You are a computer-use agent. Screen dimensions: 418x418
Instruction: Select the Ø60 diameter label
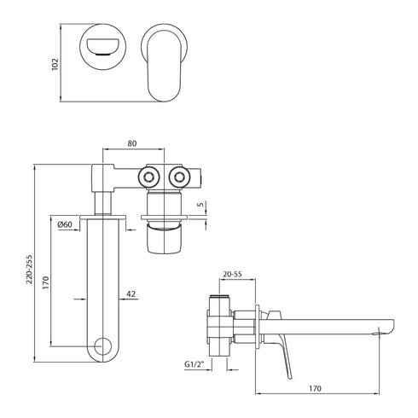(64, 224)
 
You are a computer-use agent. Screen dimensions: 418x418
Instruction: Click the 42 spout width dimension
(131, 294)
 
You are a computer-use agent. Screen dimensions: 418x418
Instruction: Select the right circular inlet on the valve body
(180, 177)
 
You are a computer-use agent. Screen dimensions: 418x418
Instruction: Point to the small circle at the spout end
(104, 345)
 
